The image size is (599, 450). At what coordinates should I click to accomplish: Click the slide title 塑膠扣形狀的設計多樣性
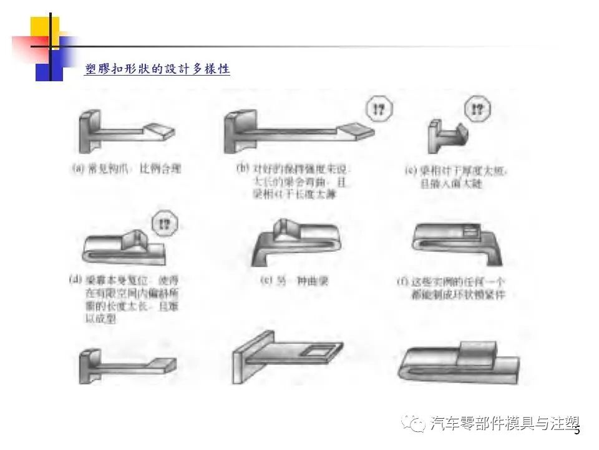(x=157, y=69)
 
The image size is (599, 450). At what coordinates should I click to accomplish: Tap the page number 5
(x=577, y=430)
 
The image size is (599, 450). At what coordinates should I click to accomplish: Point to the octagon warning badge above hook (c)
(x=477, y=110)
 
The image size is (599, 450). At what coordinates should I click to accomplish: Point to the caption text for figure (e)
(x=293, y=281)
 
